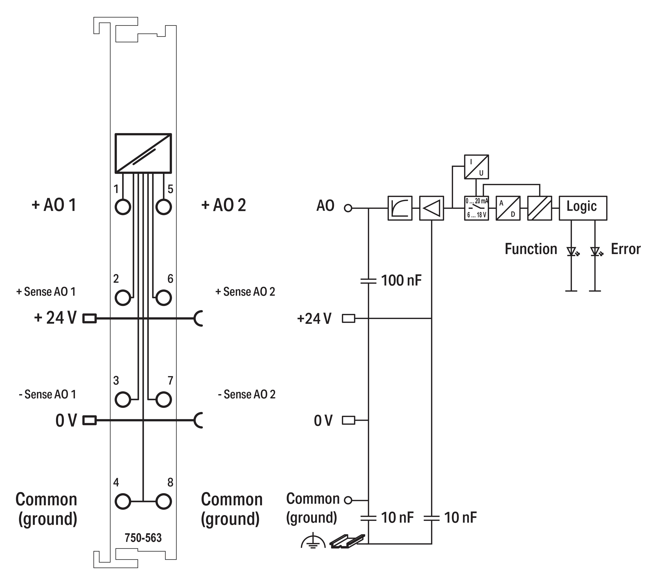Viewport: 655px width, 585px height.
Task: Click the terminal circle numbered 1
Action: tap(123, 207)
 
